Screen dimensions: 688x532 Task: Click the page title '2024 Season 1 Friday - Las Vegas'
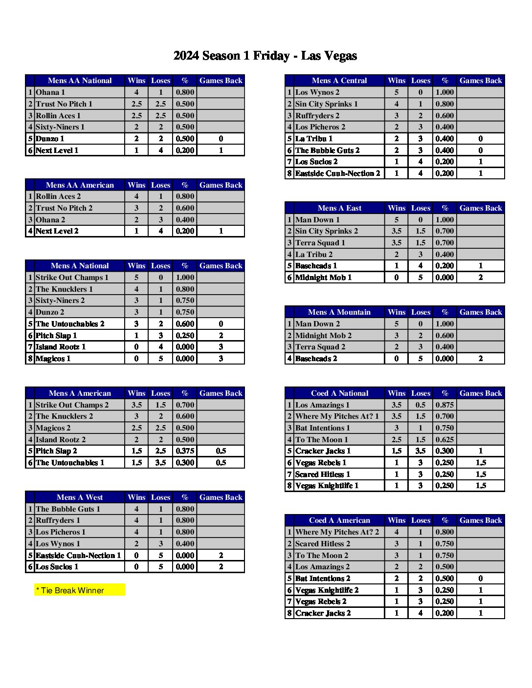coord(265,56)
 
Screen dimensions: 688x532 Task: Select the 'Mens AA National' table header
coord(80,81)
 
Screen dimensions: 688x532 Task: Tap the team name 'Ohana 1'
coord(50,92)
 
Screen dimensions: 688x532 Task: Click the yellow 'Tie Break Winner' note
coord(79,590)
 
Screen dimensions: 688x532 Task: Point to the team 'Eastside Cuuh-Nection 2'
coord(337,173)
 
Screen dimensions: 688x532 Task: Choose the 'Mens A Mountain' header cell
coord(339,312)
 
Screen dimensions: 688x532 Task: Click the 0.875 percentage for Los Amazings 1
coord(444,405)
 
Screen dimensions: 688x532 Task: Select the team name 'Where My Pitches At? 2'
coord(337,532)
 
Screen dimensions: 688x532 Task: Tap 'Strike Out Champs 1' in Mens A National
coord(72,278)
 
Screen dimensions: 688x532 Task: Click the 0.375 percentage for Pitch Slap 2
coord(185,451)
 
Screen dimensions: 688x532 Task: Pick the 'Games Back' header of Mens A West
coord(221,497)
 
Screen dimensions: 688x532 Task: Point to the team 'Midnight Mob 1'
coord(323,278)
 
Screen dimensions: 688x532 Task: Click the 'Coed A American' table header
coord(339,520)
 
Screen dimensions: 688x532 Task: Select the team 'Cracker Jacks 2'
coord(323,613)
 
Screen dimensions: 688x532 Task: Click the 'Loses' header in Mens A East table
coord(421,208)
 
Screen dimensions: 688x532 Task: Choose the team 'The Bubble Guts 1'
coord(68,509)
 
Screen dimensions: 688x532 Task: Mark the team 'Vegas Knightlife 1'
coord(327,486)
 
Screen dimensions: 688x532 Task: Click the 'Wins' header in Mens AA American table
coord(136,185)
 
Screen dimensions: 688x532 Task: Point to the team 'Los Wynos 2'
coord(317,92)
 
